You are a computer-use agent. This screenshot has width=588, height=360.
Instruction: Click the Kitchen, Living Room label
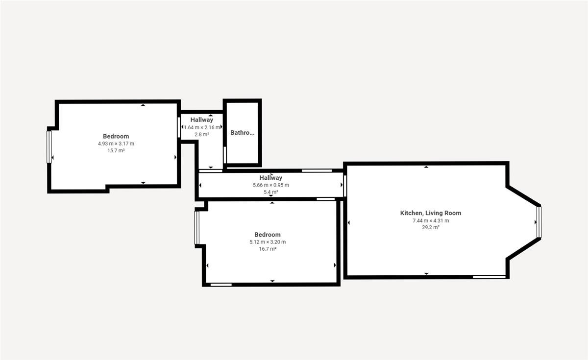coord(431,213)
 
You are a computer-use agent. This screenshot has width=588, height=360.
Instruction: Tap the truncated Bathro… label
coord(242,133)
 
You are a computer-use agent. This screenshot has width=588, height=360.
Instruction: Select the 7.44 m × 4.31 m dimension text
coord(431,221)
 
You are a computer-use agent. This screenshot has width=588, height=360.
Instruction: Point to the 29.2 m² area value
coord(431,227)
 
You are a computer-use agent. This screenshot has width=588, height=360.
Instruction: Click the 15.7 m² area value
coord(116,151)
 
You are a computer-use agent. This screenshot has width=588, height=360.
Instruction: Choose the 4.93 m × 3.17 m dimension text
coord(116,144)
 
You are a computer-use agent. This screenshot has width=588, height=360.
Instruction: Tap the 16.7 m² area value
coord(268,249)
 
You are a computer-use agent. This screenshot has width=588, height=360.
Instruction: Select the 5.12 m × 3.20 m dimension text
coord(268,242)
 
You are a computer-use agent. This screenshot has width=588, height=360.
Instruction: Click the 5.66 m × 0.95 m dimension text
coord(271,185)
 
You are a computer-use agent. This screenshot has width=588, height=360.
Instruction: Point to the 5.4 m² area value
coord(271,192)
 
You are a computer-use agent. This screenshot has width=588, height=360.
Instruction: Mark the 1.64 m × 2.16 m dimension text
coord(202,127)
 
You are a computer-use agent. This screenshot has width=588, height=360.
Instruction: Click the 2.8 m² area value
coord(202,135)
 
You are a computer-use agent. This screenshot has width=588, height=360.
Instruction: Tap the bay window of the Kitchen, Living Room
coord(539,222)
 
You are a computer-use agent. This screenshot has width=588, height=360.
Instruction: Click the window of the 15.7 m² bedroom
coord(49,147)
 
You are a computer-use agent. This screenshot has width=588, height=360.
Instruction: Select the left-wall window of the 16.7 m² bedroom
coord(196,228)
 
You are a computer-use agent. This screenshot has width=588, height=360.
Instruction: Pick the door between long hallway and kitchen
coord(345,186)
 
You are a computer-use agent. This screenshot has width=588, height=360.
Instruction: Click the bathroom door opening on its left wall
coord(225,155)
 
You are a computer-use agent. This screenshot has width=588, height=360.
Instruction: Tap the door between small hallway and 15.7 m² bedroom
coord(179,127)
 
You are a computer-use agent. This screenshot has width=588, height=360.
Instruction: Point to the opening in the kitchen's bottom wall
coord(490,277)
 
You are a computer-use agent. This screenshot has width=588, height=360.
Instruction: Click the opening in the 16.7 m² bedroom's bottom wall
coord(221,285)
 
